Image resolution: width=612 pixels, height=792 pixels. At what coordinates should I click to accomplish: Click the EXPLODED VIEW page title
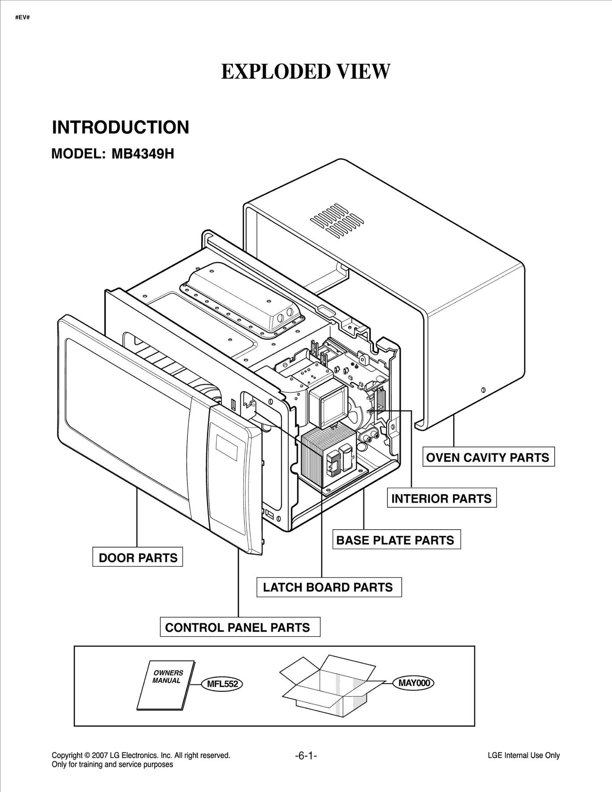click(306, 72)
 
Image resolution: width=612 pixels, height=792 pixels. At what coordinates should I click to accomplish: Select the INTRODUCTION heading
click(120, 127)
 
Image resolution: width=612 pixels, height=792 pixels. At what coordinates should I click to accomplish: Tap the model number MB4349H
click(143, 154)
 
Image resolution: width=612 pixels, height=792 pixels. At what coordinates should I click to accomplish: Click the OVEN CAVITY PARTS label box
click(488, 457)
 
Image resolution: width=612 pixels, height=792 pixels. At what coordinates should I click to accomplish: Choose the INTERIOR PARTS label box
click(441, 499)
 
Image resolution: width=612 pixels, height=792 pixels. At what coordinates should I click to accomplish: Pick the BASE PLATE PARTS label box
click(396, 540)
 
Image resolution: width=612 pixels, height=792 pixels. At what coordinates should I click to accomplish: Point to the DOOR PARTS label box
click(138, 558)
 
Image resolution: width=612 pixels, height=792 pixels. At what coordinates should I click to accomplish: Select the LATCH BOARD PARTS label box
click(329, 587)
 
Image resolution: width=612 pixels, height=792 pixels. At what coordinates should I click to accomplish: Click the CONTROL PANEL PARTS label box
click(239, 628)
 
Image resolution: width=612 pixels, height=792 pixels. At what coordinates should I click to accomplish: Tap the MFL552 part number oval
click(222, 684)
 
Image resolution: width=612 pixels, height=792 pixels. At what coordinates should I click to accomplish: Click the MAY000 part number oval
click(414, 683)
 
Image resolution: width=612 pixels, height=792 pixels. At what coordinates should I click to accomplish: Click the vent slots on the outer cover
click(337, 219)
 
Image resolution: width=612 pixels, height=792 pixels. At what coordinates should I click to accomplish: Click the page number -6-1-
click(306, 755)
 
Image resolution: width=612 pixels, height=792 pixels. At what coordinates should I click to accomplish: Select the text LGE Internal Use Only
click(524, 755)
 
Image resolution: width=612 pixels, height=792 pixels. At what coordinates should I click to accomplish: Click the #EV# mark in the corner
click(23, 18)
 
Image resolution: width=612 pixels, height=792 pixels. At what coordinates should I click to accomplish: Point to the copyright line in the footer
click(141, 755)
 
